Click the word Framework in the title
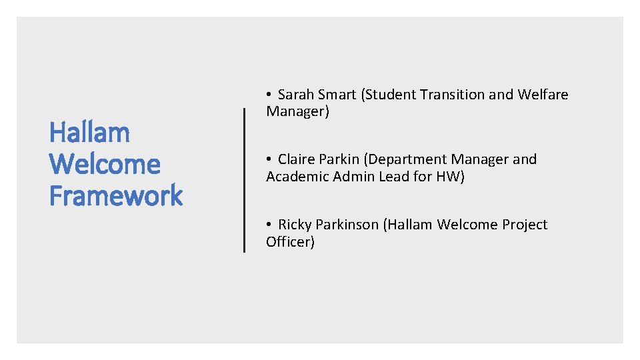coord(116,196)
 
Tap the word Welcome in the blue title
coord(105,164)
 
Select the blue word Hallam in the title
coord(89,133)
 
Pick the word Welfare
coord(543,95)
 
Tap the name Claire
coord(299,159)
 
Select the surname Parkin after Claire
coord(343,159)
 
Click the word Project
coord(525,225)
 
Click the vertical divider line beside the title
coord(244,180)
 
